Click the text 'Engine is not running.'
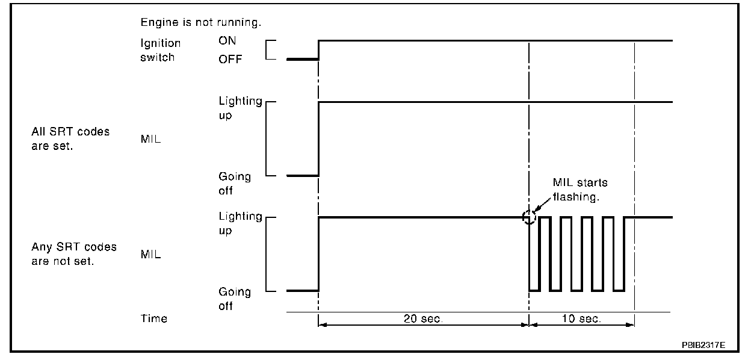click(200, 22)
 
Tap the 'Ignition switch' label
click(161, 50)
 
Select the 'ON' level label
click(227, 40)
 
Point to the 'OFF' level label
click(230, 60)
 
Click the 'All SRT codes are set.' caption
click(70, 138)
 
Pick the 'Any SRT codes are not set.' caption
click(74, 254)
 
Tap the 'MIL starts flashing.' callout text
click(580, 190)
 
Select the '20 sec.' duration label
click(423, 318)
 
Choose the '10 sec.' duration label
click(581, 318)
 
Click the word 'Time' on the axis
click(153, 318)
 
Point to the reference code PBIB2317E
click(703, 345)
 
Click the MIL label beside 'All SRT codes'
click(150, 139)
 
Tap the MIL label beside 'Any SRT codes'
click(150, 254)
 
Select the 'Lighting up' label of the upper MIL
click(240, 108)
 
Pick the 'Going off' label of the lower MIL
click(235, 299)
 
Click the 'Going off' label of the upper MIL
click(235, 183)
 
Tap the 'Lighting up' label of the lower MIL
click(240, 223)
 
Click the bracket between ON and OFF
click(266, 50)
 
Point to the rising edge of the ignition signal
click(318, 50)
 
